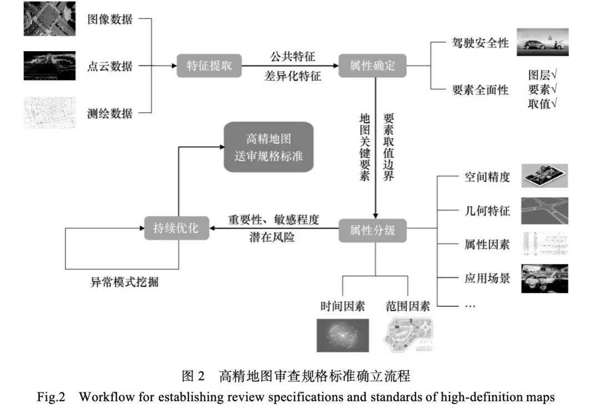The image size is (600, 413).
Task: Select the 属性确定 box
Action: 372,66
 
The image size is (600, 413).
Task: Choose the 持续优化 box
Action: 177,228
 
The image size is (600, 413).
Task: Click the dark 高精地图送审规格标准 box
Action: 268,147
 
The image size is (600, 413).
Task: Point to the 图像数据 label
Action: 110,19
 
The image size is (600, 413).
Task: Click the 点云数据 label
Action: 110,66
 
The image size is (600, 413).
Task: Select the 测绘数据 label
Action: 110,113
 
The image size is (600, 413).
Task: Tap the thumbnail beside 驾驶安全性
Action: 542,42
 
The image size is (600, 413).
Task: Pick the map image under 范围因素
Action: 408,334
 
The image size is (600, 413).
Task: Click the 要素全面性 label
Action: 479,90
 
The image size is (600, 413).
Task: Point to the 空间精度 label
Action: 487,178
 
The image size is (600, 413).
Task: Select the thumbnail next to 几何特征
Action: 544,210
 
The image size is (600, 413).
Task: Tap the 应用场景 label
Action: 487,278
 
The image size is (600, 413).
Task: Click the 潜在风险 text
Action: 272,238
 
